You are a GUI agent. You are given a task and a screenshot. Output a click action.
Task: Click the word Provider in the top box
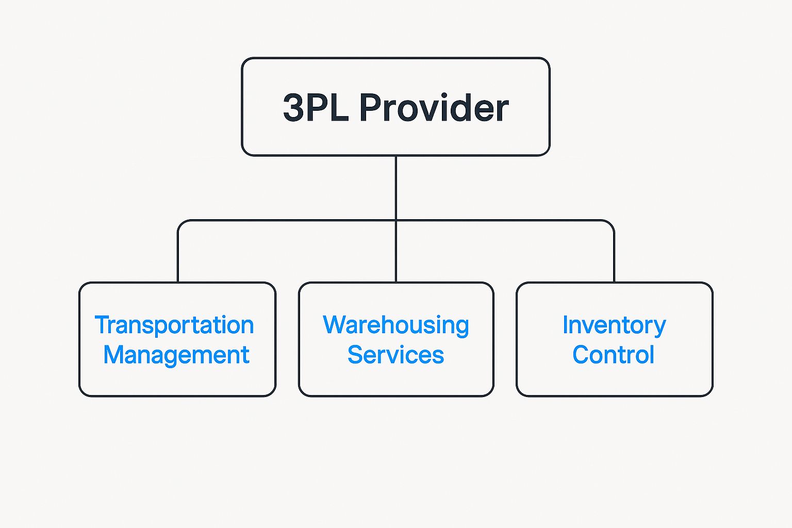pyautogui.click(x=434, y=108)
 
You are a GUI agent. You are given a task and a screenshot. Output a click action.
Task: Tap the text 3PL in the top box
pyautogui.click(x=316, y=108)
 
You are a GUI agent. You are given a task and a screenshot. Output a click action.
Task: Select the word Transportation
pyautogui.click(x=174, y=325)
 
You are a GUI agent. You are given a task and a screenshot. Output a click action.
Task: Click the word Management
pyautogui.click(x=176, y=355)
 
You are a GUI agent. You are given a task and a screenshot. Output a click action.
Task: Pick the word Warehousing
pyautogui.click(x=395, y=325)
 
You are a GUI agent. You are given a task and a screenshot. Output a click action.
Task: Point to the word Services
pyautogui.click(x=395, y=355)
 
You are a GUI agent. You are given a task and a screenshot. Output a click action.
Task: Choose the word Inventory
pyautogui.click(x=614, y=325)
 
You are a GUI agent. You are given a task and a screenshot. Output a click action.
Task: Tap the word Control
pyautogui.click(x=613, y=355)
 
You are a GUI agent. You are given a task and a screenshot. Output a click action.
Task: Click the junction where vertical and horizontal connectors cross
pyautogui.click(x=395, y=221)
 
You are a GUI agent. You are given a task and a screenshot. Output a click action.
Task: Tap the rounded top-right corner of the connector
pyautogui.click(x=611, y=223)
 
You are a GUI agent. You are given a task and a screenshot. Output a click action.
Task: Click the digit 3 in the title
pyautogui.click(x=293, y=108)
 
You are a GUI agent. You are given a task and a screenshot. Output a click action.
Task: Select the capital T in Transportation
pyautogui.click(x=102, y=325)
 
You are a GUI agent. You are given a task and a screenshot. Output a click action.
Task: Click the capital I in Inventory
pyautogui.click(x=565, y=325)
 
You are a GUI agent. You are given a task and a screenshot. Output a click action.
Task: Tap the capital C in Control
pyautogui.click(x=582, y=355)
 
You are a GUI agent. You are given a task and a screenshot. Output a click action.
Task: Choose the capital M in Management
pyautogui.click(x=114, y=355)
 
